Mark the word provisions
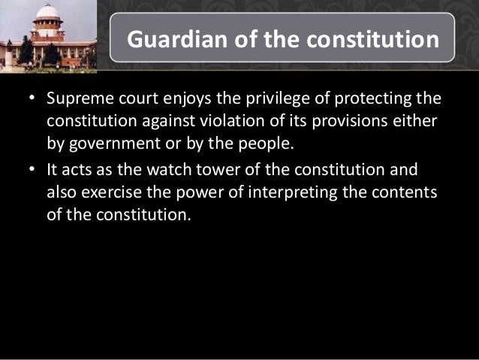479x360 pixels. pos(349,122)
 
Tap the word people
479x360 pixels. pos(249,143)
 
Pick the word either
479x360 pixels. pos(417,122)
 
